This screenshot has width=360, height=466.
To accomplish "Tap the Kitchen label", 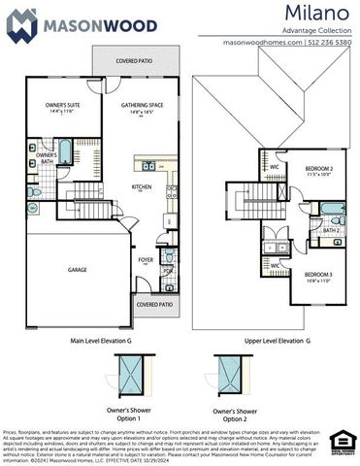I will coord(142,187).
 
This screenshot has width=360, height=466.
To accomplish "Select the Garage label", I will coord(77,270).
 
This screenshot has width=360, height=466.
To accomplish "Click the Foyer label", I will coord(146,260).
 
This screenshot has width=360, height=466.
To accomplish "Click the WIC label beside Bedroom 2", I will coord(275,166).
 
